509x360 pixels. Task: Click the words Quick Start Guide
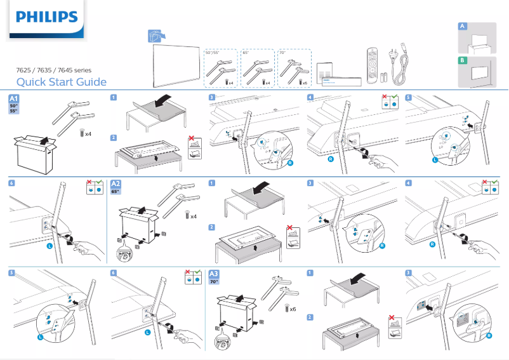pyautogui.click(x=61, y=82)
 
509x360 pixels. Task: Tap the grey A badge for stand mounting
pyautogui.click(x=463, y=26)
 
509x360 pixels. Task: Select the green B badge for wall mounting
pyautogui.click(x=463, y=60)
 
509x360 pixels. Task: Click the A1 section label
pyautogui.click(x=14, y=98)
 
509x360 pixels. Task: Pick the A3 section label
pyautogui.click(x=215, y=274)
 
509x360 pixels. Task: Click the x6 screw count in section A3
pyautogui.click(x=293, y=309)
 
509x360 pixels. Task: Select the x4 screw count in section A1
pyautogui.click(x=88, y=133)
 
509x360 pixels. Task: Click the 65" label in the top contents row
pyautogui.click(x=247, y=53)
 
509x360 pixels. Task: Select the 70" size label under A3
pyautogui.click(x=215, y=281)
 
